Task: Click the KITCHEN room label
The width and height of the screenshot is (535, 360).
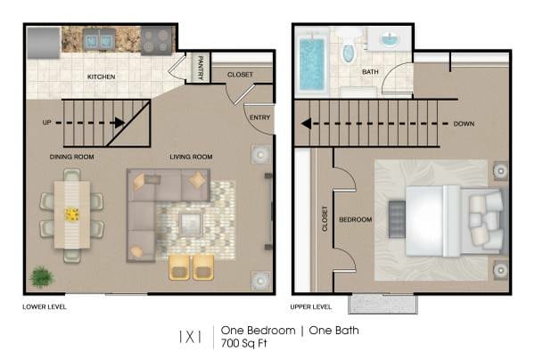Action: point(101,77)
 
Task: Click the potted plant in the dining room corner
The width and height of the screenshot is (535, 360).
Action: point(40,276)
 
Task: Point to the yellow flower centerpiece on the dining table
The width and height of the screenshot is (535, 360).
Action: point(71,214)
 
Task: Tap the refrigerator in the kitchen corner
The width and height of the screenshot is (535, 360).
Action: point(43,40)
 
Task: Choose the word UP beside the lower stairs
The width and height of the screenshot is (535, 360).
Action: point(47,122)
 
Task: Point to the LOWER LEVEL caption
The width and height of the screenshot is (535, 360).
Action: point(45,307)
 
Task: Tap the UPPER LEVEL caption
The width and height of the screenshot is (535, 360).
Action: point(311,307)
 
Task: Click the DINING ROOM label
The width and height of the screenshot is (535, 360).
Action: point(72,157)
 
